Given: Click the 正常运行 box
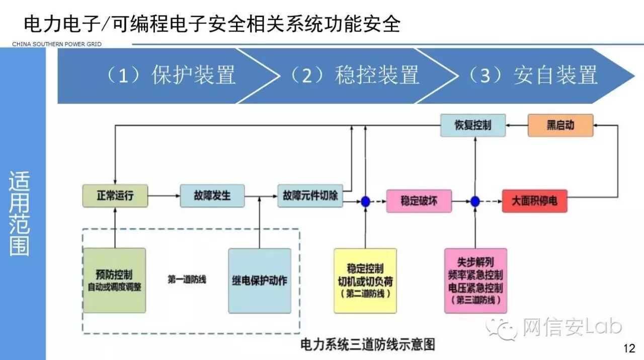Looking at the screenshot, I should tap(115, 195).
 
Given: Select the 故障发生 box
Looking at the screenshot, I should tap(212, 195).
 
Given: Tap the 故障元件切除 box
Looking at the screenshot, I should tap(310, 195).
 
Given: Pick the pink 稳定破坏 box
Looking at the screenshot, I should tap(419, 201).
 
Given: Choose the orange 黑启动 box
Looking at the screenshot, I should tap(560, 125).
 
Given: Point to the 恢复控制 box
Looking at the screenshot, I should tap(473, 125).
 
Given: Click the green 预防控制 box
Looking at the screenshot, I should tap(114, 280).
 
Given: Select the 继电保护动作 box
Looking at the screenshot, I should tap(260, 280).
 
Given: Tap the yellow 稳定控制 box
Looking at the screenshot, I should tap(365, 280).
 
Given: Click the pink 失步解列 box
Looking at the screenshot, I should tap(475, 280).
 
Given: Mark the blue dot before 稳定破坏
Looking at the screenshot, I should tap(365, 201).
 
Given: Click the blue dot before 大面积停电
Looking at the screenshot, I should tap(475, 201).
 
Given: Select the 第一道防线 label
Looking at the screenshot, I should tap(187, 279).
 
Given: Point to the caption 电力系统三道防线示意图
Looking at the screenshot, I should tap(367, 345).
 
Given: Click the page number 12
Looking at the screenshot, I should tap(629, 348).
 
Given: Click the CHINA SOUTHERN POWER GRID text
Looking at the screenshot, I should tap(57, 44).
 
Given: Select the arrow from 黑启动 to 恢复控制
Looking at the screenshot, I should tap(517, 125).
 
